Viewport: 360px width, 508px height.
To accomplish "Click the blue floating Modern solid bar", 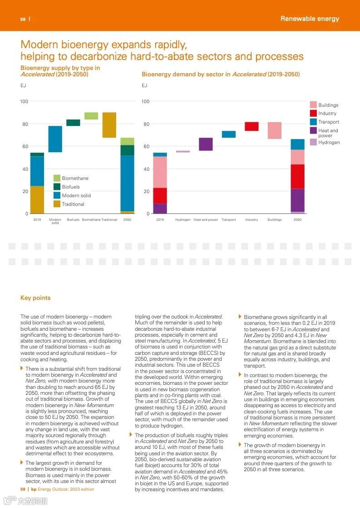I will point(55,139).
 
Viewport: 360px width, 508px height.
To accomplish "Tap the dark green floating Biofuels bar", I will point(73,123).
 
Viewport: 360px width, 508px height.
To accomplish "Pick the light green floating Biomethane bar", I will point(91,116).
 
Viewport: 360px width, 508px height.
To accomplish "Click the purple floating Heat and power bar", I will point(206,144).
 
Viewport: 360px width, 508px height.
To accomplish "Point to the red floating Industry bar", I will point(252,126).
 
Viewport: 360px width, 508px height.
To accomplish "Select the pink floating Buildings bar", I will point(274,130).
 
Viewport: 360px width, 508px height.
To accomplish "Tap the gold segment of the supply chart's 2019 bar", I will point(37,199).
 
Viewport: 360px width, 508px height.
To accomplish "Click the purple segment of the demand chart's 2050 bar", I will point(297,200).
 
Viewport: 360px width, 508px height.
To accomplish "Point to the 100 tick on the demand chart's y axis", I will point(145,101).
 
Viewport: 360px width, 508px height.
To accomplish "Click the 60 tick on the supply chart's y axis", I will point(24,146).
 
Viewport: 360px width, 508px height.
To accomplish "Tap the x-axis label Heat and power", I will point(206,220).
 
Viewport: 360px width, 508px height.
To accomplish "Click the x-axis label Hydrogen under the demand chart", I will point(182,220).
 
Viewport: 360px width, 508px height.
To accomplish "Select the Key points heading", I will point(35,298).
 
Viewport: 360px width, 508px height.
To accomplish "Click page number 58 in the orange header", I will point(23,19).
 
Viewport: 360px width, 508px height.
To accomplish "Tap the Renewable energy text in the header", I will point(310,19).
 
